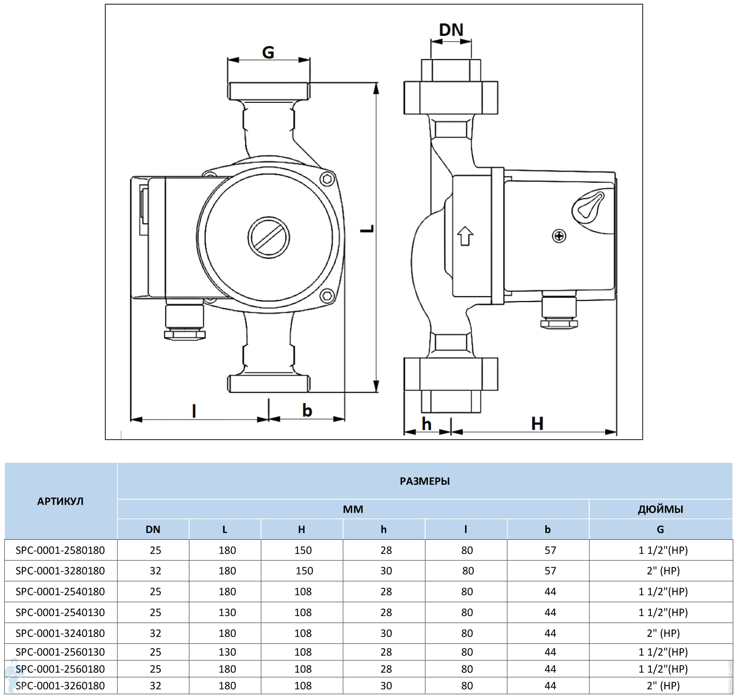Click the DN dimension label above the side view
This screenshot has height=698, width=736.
pos(450,30)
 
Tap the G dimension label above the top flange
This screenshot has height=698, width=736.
pos(268,52)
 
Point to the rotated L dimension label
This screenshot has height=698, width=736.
pos(367,228)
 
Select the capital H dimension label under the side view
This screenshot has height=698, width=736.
pos(537,423)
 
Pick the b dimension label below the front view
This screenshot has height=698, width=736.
pos(307,410)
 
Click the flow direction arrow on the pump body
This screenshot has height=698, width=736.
pos(465,236)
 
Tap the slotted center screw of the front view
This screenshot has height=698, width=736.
pos(268,238)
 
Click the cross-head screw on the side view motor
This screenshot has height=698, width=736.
pos(559,236)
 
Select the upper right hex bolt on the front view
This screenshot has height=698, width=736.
pos(327,179)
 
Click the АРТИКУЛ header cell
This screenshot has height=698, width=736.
pos(60,501)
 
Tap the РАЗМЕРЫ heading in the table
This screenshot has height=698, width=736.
pos(424,481)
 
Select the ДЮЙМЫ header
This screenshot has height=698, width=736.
pos(661,509)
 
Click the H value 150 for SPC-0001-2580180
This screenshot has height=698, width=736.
pos(303,550)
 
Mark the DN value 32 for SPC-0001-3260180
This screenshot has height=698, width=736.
pos(155,685)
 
